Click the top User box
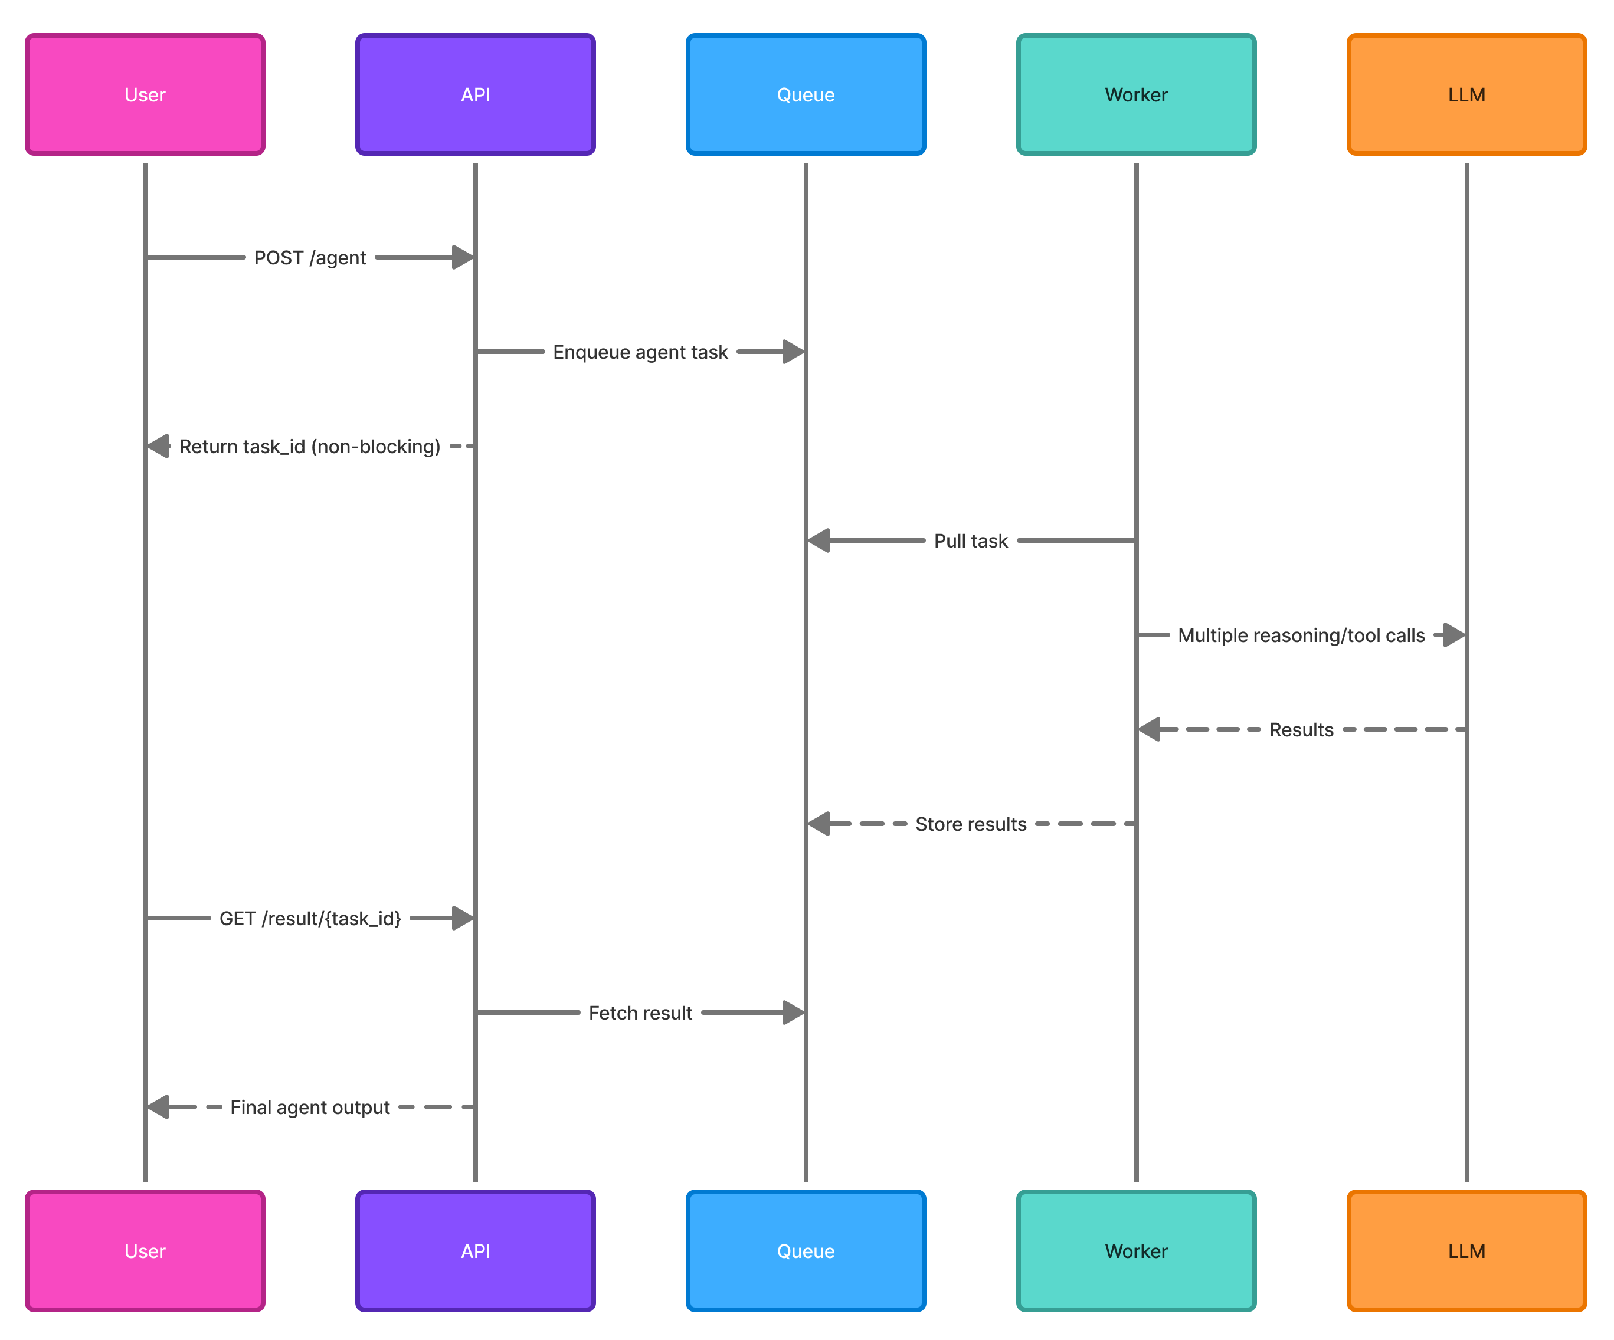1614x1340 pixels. (145, 94)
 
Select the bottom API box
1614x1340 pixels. (475, 1251)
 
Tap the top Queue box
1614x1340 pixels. (806, 94)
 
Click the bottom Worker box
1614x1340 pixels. (1136, 1251)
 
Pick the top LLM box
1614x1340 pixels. (1466, 94)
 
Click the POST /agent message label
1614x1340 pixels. (310, 257)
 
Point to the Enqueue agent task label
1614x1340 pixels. (640, 352)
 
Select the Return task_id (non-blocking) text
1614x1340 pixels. (310, 447)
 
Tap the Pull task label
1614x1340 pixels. (971, 541)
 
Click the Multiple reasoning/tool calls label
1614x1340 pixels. (1301, 635)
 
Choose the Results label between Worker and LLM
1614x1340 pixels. (1301, 730)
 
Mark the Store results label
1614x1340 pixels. (971, 824)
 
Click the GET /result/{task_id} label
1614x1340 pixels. (310, 919)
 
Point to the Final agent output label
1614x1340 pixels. (310, 1107)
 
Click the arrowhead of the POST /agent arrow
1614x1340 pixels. (463, 257)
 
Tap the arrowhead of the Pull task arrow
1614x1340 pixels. (819, 541)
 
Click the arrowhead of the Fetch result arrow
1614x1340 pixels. (793, 1013)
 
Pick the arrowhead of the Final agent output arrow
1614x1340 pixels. (158, 1107)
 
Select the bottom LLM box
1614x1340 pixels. (1466, 1251)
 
